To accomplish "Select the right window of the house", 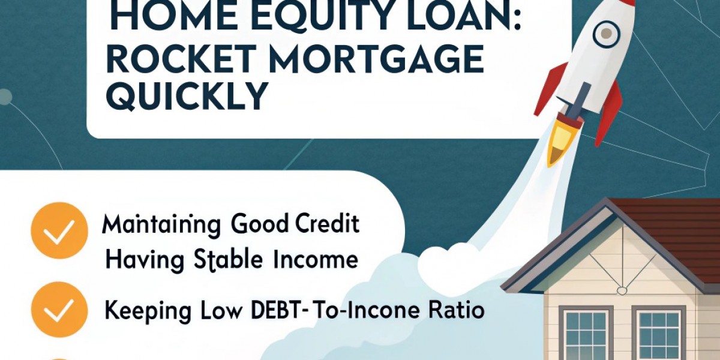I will [x=659, y=336].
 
